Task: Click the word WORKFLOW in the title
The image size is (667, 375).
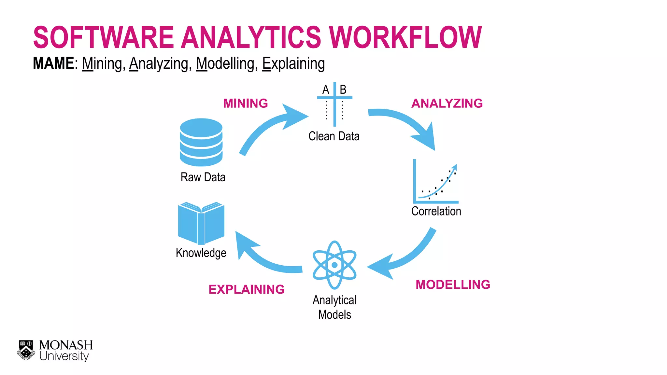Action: pyautogui.click(x=405, y=37)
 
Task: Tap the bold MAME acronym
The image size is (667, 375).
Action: pyautogui.click(x=53, y=63)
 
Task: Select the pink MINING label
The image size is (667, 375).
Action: pyautogui.click(x=246, y=104)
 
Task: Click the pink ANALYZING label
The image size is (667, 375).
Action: pyautogui.click(x=447, y=104)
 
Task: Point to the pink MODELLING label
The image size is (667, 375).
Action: pyautogui.click(x=453, y=285)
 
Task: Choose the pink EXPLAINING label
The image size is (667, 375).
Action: pyautogui.click(x=247, y=289)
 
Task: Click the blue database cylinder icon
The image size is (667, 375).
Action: pyautogui.click(x=201, y=142)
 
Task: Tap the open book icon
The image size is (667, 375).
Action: pyautogui.click(x=201, y=223)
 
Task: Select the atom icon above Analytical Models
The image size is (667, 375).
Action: pyautogui.click(x=334, y=265)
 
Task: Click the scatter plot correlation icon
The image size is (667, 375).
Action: pyautogui.click(x=435, y=182)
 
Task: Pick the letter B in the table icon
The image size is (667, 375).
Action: pyautogui.click(x=343, y=90)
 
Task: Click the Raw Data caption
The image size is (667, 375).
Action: pyautogui.click(x=203, y=177)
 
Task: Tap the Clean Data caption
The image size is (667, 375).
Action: pyautogui.click(x=334, y=136)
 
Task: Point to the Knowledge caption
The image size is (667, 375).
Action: pyautogui.click(x=201, y=253)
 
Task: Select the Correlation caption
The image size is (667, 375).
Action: pyautogui.click(x=436, y=211)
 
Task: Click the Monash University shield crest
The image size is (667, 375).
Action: pyautogui.click(x=26, y=350)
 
